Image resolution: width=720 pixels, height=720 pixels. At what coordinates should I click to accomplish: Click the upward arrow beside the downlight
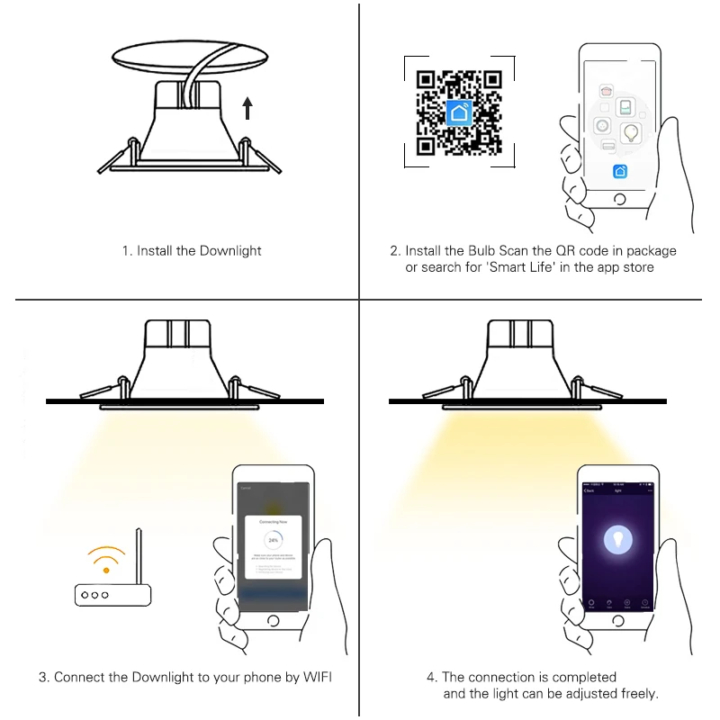(247, 109)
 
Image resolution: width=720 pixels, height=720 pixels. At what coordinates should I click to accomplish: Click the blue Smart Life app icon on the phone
(619, 172)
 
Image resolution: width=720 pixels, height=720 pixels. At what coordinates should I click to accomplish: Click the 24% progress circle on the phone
(272, 539)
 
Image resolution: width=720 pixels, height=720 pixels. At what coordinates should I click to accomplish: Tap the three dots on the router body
(93, 595)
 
